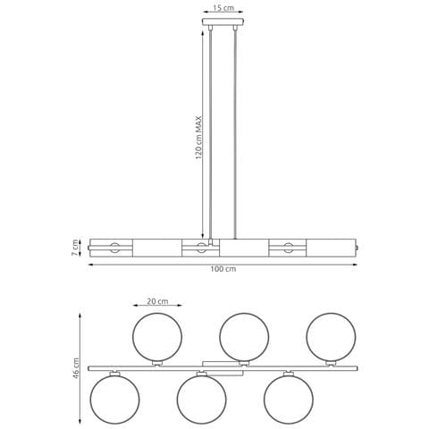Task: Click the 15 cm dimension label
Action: click(x=223, y=8)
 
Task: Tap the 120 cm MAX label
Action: click(x=198, y=138)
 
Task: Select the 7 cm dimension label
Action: click(x=75, y=248)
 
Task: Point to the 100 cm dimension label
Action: click(x=223, y=269)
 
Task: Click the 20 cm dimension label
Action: click(x=157, y=301)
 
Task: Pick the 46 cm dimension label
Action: click(x=76, y=368)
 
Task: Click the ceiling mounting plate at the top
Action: click(x=223, y=22)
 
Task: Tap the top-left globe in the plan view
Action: click(x=157, y=337)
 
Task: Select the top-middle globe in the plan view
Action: click(x=244, y=337)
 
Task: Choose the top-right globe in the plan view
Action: click(x=331, y=337)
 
